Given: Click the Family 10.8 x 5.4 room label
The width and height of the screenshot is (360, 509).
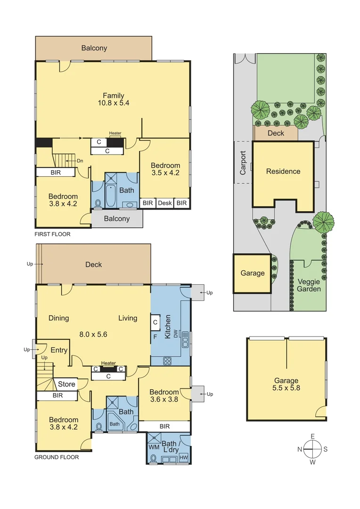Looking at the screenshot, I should pyautogui.click(x=113, y=100).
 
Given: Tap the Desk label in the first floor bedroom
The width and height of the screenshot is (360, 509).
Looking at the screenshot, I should pyautogui.click(x=165, y=203).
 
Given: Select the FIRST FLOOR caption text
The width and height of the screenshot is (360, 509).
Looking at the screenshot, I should pyautogui.click(x=53, y=234).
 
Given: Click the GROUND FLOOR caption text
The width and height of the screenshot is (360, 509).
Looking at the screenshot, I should pyautogui.click(x=57, y=457).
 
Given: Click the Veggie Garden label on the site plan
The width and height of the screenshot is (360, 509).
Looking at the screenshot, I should pyautogui.click(x=309, y=285).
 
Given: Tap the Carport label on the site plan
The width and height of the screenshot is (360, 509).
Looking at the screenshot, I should pyautogui.click(x=243, y=163).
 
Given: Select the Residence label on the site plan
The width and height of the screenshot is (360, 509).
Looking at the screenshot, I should pyautogui.click(x=283, y=171).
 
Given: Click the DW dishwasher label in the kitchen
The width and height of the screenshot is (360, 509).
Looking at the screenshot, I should pyautogui.click(x=175, y=334).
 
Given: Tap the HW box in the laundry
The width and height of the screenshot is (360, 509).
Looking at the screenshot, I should pyautogui.click(x=184, y=458).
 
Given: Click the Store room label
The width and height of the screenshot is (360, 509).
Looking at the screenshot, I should pyautogui.click(x=66, y=384).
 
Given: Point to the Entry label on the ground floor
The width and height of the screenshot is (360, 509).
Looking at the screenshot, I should pyautogui.click(x=58, y=350).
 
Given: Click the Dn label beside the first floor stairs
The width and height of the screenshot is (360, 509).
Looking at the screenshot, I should pyautogui.click(x=80, y=161).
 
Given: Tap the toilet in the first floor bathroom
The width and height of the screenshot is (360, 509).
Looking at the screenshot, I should pyautogui.click(x=98, y=203).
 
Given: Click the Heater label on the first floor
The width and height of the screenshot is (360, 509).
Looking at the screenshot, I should pyautogui.click(x=115, y=133).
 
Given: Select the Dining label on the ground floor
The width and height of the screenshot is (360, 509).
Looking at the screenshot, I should pyautogui.click(x=58, y=318).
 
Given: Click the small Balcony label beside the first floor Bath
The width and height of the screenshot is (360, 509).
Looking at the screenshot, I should pyautogui.click(x=116, y=219).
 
